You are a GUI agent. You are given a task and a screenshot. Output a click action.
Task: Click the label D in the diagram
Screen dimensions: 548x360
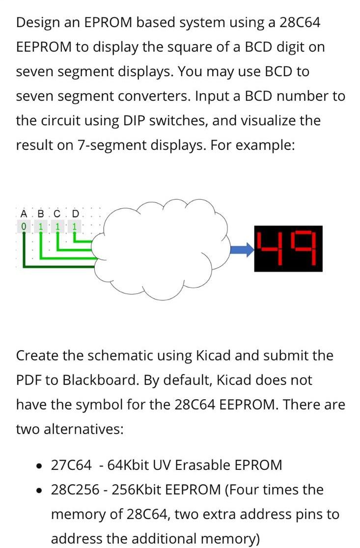(75, 214)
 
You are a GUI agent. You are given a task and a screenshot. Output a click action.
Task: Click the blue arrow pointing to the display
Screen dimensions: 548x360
(241, 250)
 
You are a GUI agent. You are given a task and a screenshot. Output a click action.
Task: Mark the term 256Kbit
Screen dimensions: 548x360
(154, 490)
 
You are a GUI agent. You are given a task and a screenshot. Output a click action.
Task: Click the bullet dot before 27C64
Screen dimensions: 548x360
(41, 465)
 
